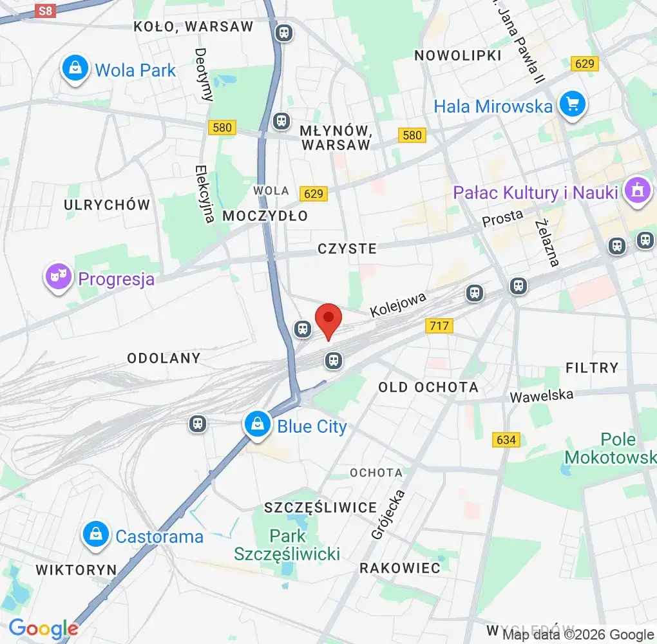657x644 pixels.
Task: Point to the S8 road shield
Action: pos(44,11)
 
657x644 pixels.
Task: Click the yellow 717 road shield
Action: pos(439,327)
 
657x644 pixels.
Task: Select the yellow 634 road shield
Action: pos(506,440)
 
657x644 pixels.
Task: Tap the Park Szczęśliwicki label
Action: pos(287,545)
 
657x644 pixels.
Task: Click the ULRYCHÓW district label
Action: pos(107,205)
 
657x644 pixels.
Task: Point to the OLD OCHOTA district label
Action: pos(428,387)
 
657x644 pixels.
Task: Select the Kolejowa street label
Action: pos(398,304)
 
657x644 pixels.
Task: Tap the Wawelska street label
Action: pos(542,395)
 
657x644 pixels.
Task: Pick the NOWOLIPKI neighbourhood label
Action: pos(458,55)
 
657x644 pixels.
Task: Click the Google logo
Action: pos(43,629)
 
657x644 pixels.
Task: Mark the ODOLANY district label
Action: pos(164,357)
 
